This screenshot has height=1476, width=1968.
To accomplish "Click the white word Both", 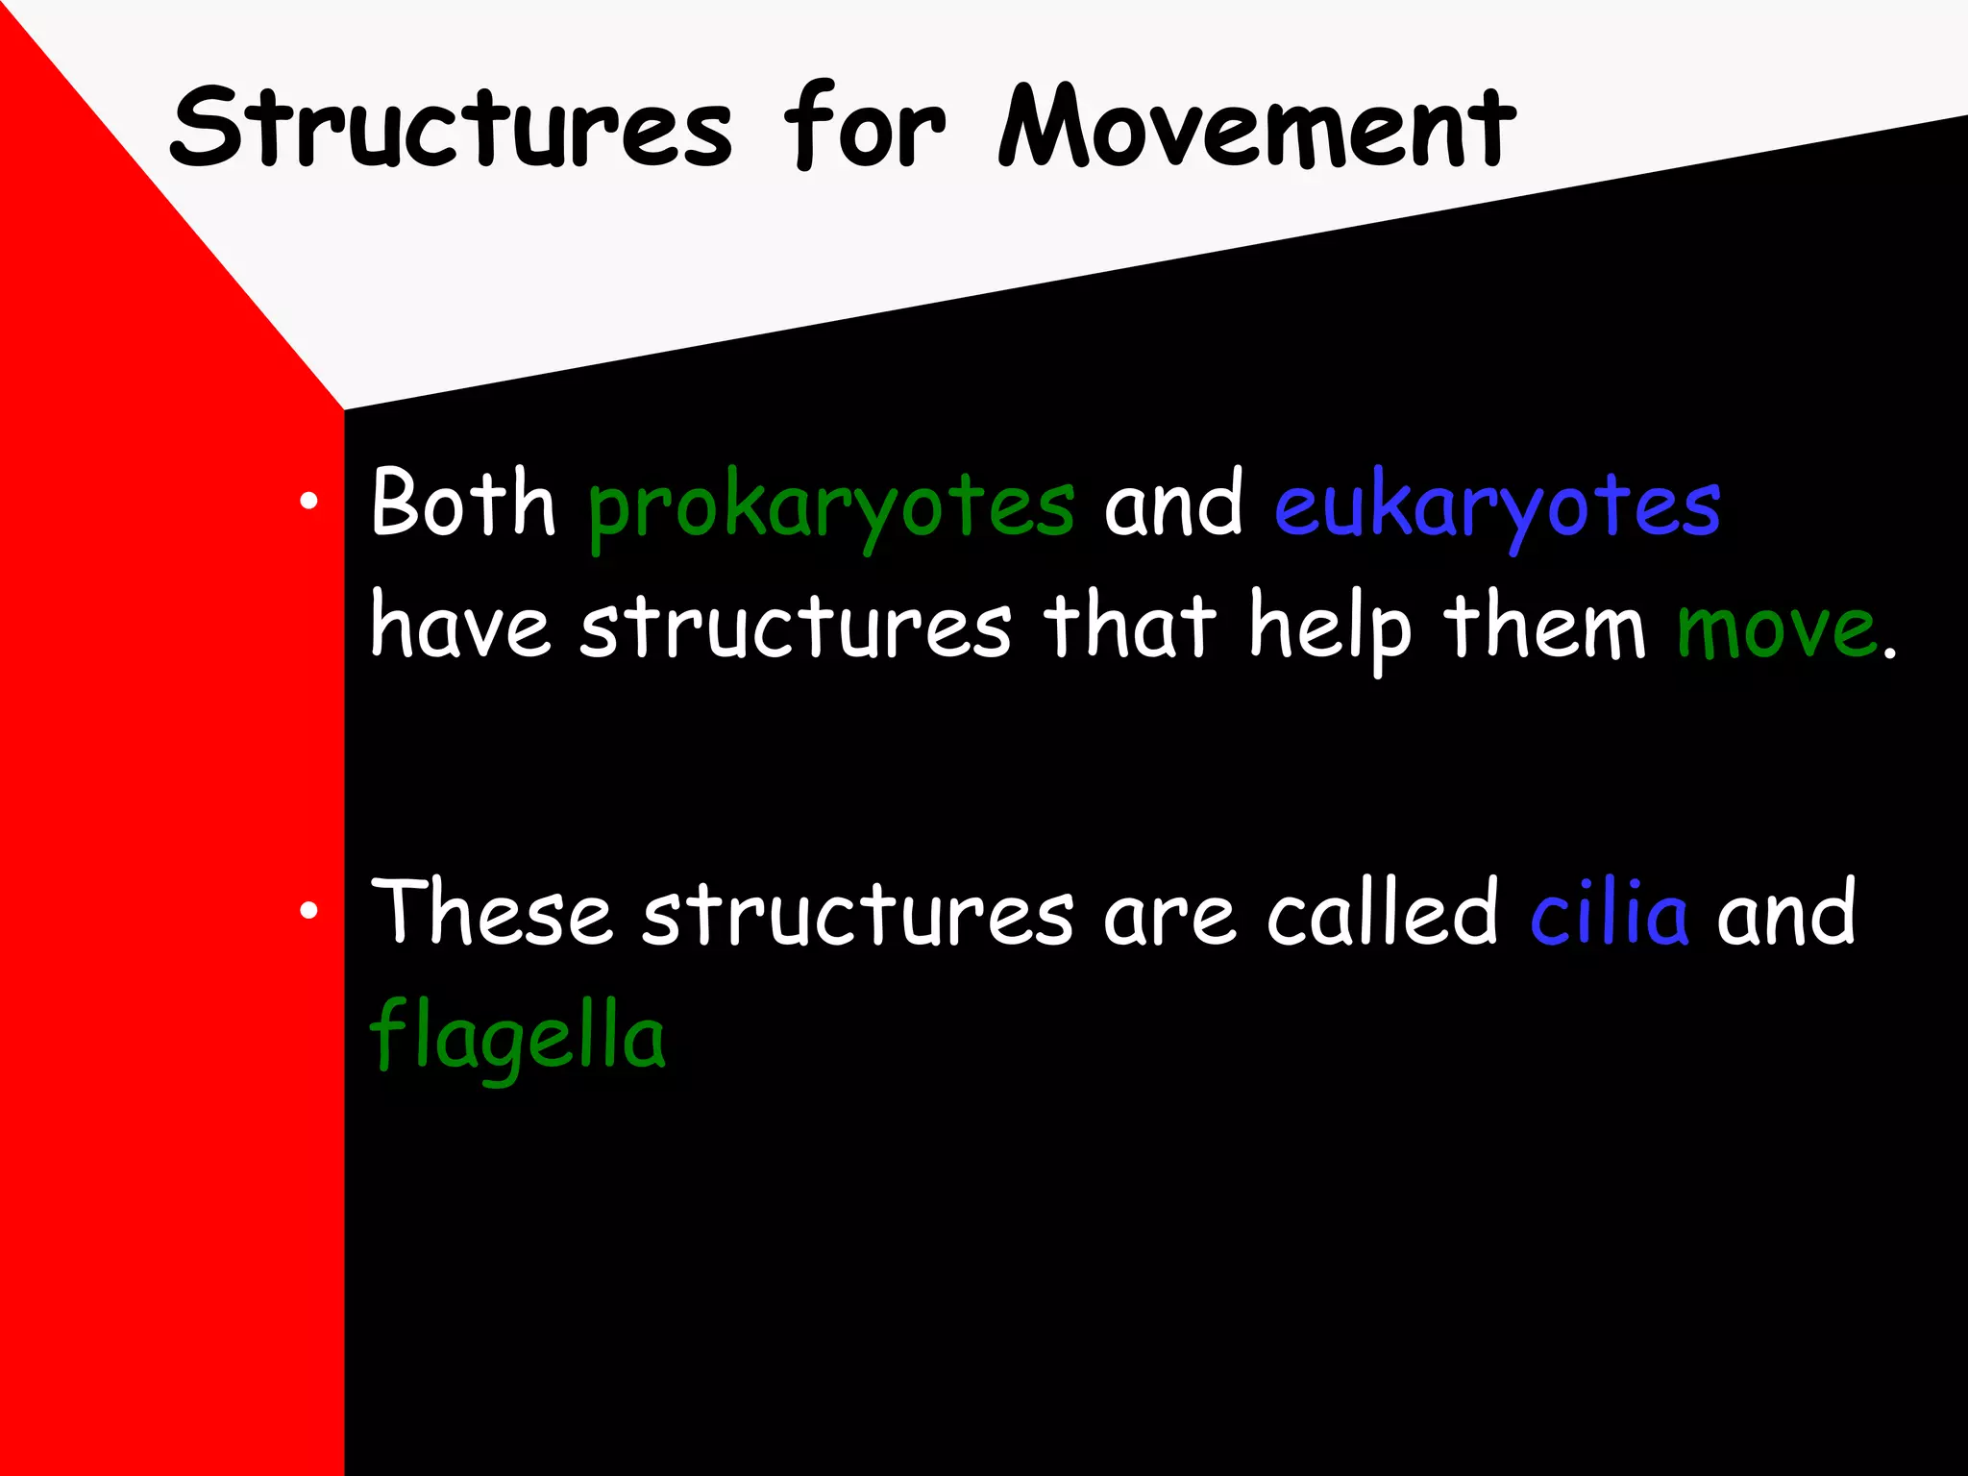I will coord(463,503).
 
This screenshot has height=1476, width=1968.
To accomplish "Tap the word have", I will coord(460,627).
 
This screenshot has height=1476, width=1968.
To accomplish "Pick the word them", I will coord(1545,627).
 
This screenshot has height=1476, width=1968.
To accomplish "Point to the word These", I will coord(491,912).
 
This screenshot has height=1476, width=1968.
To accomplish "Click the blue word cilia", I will coord(1609,912).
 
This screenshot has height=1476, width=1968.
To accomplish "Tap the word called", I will coord(1383,912).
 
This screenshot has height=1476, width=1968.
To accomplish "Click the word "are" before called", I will coord(1168,918).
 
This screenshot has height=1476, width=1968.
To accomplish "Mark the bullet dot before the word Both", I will coord(307,501).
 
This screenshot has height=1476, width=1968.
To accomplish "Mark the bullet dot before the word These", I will coord(307,910).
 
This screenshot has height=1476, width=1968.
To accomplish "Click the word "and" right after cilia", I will coord(1786,912).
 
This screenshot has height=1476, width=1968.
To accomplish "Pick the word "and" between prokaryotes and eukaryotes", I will coord(1173,504).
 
